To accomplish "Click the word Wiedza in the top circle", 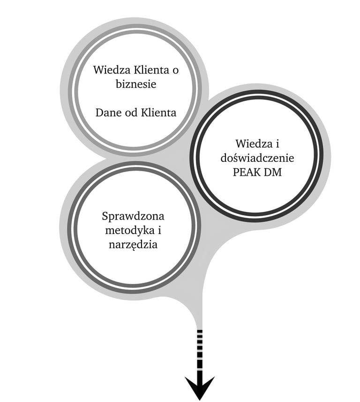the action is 109,70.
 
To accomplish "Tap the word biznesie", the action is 135,85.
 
